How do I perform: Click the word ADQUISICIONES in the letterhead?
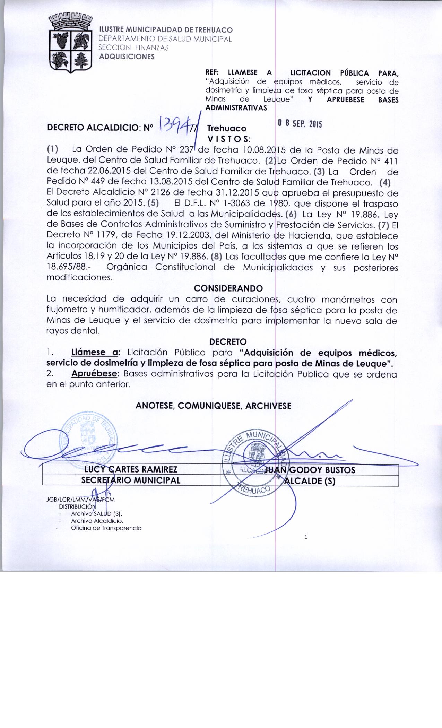point(127,57)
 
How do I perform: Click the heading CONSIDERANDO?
point(228,288)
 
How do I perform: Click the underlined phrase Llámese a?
point(95,353)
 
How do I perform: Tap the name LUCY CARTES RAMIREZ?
point(131,469)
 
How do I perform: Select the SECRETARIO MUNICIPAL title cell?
point(131,480)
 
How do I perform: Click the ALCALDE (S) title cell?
point(310,481)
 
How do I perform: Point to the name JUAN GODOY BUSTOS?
point(310,470)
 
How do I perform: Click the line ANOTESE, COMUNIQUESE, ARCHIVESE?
point(213,406)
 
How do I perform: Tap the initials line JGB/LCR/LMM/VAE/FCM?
point(80,500)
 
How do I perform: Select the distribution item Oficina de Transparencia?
point(106,528)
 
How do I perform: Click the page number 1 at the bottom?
point(306,537)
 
